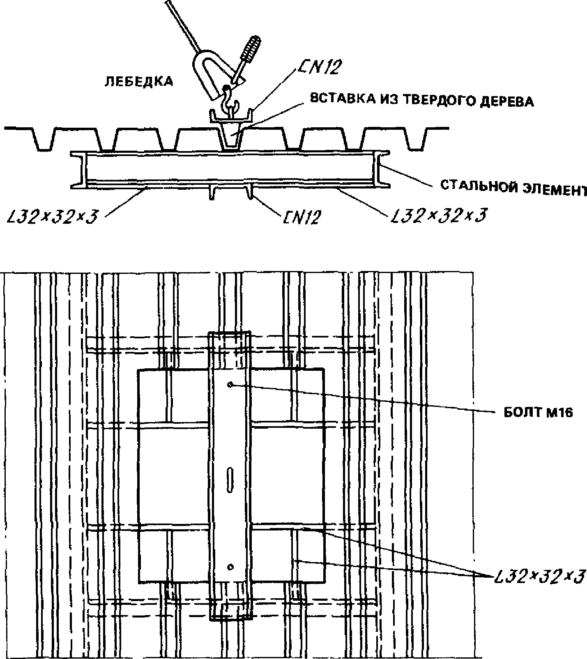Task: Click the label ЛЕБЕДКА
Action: click(139, 82)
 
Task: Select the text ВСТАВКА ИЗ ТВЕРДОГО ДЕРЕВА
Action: click(421, 100)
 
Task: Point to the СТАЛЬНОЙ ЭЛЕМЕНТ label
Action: click(513, 188)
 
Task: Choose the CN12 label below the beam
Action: click(301, 217)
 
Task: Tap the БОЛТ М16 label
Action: click(538, 413)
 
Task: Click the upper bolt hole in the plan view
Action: click(230, 385)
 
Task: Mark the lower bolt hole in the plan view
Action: click(230, 567)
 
